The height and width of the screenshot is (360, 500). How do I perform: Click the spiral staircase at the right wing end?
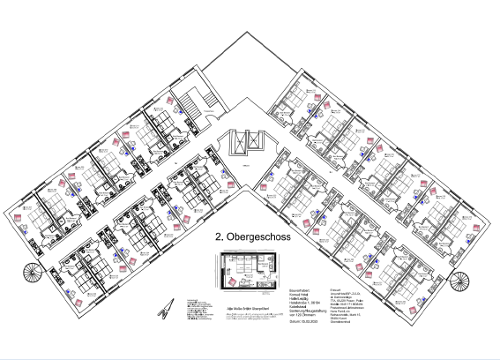pos(460,280)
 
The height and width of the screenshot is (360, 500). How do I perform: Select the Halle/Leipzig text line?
pos(302,299)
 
